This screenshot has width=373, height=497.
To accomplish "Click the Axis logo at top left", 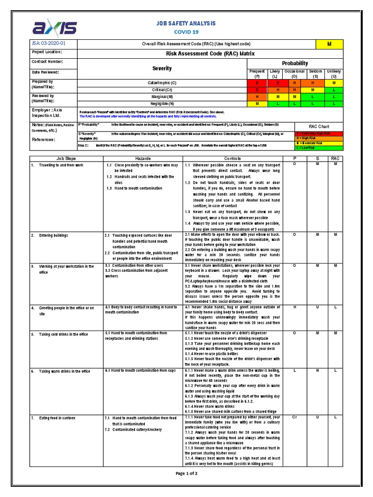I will coord(54,27).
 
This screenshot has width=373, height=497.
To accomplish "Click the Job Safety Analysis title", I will coord(186,23).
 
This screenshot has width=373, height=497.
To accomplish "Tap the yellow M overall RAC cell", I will coord(329,44).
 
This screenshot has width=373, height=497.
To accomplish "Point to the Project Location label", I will coord(47,52).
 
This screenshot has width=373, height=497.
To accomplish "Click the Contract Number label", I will coord(47,62).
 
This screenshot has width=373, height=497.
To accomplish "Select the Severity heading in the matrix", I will coord(162,69).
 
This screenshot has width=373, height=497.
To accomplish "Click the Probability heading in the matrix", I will coord(295,63).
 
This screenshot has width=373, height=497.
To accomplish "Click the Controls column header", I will coord(232,159).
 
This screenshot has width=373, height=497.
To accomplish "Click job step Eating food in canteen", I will coord(57,417).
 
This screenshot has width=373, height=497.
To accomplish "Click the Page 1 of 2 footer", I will coord(186,473).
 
